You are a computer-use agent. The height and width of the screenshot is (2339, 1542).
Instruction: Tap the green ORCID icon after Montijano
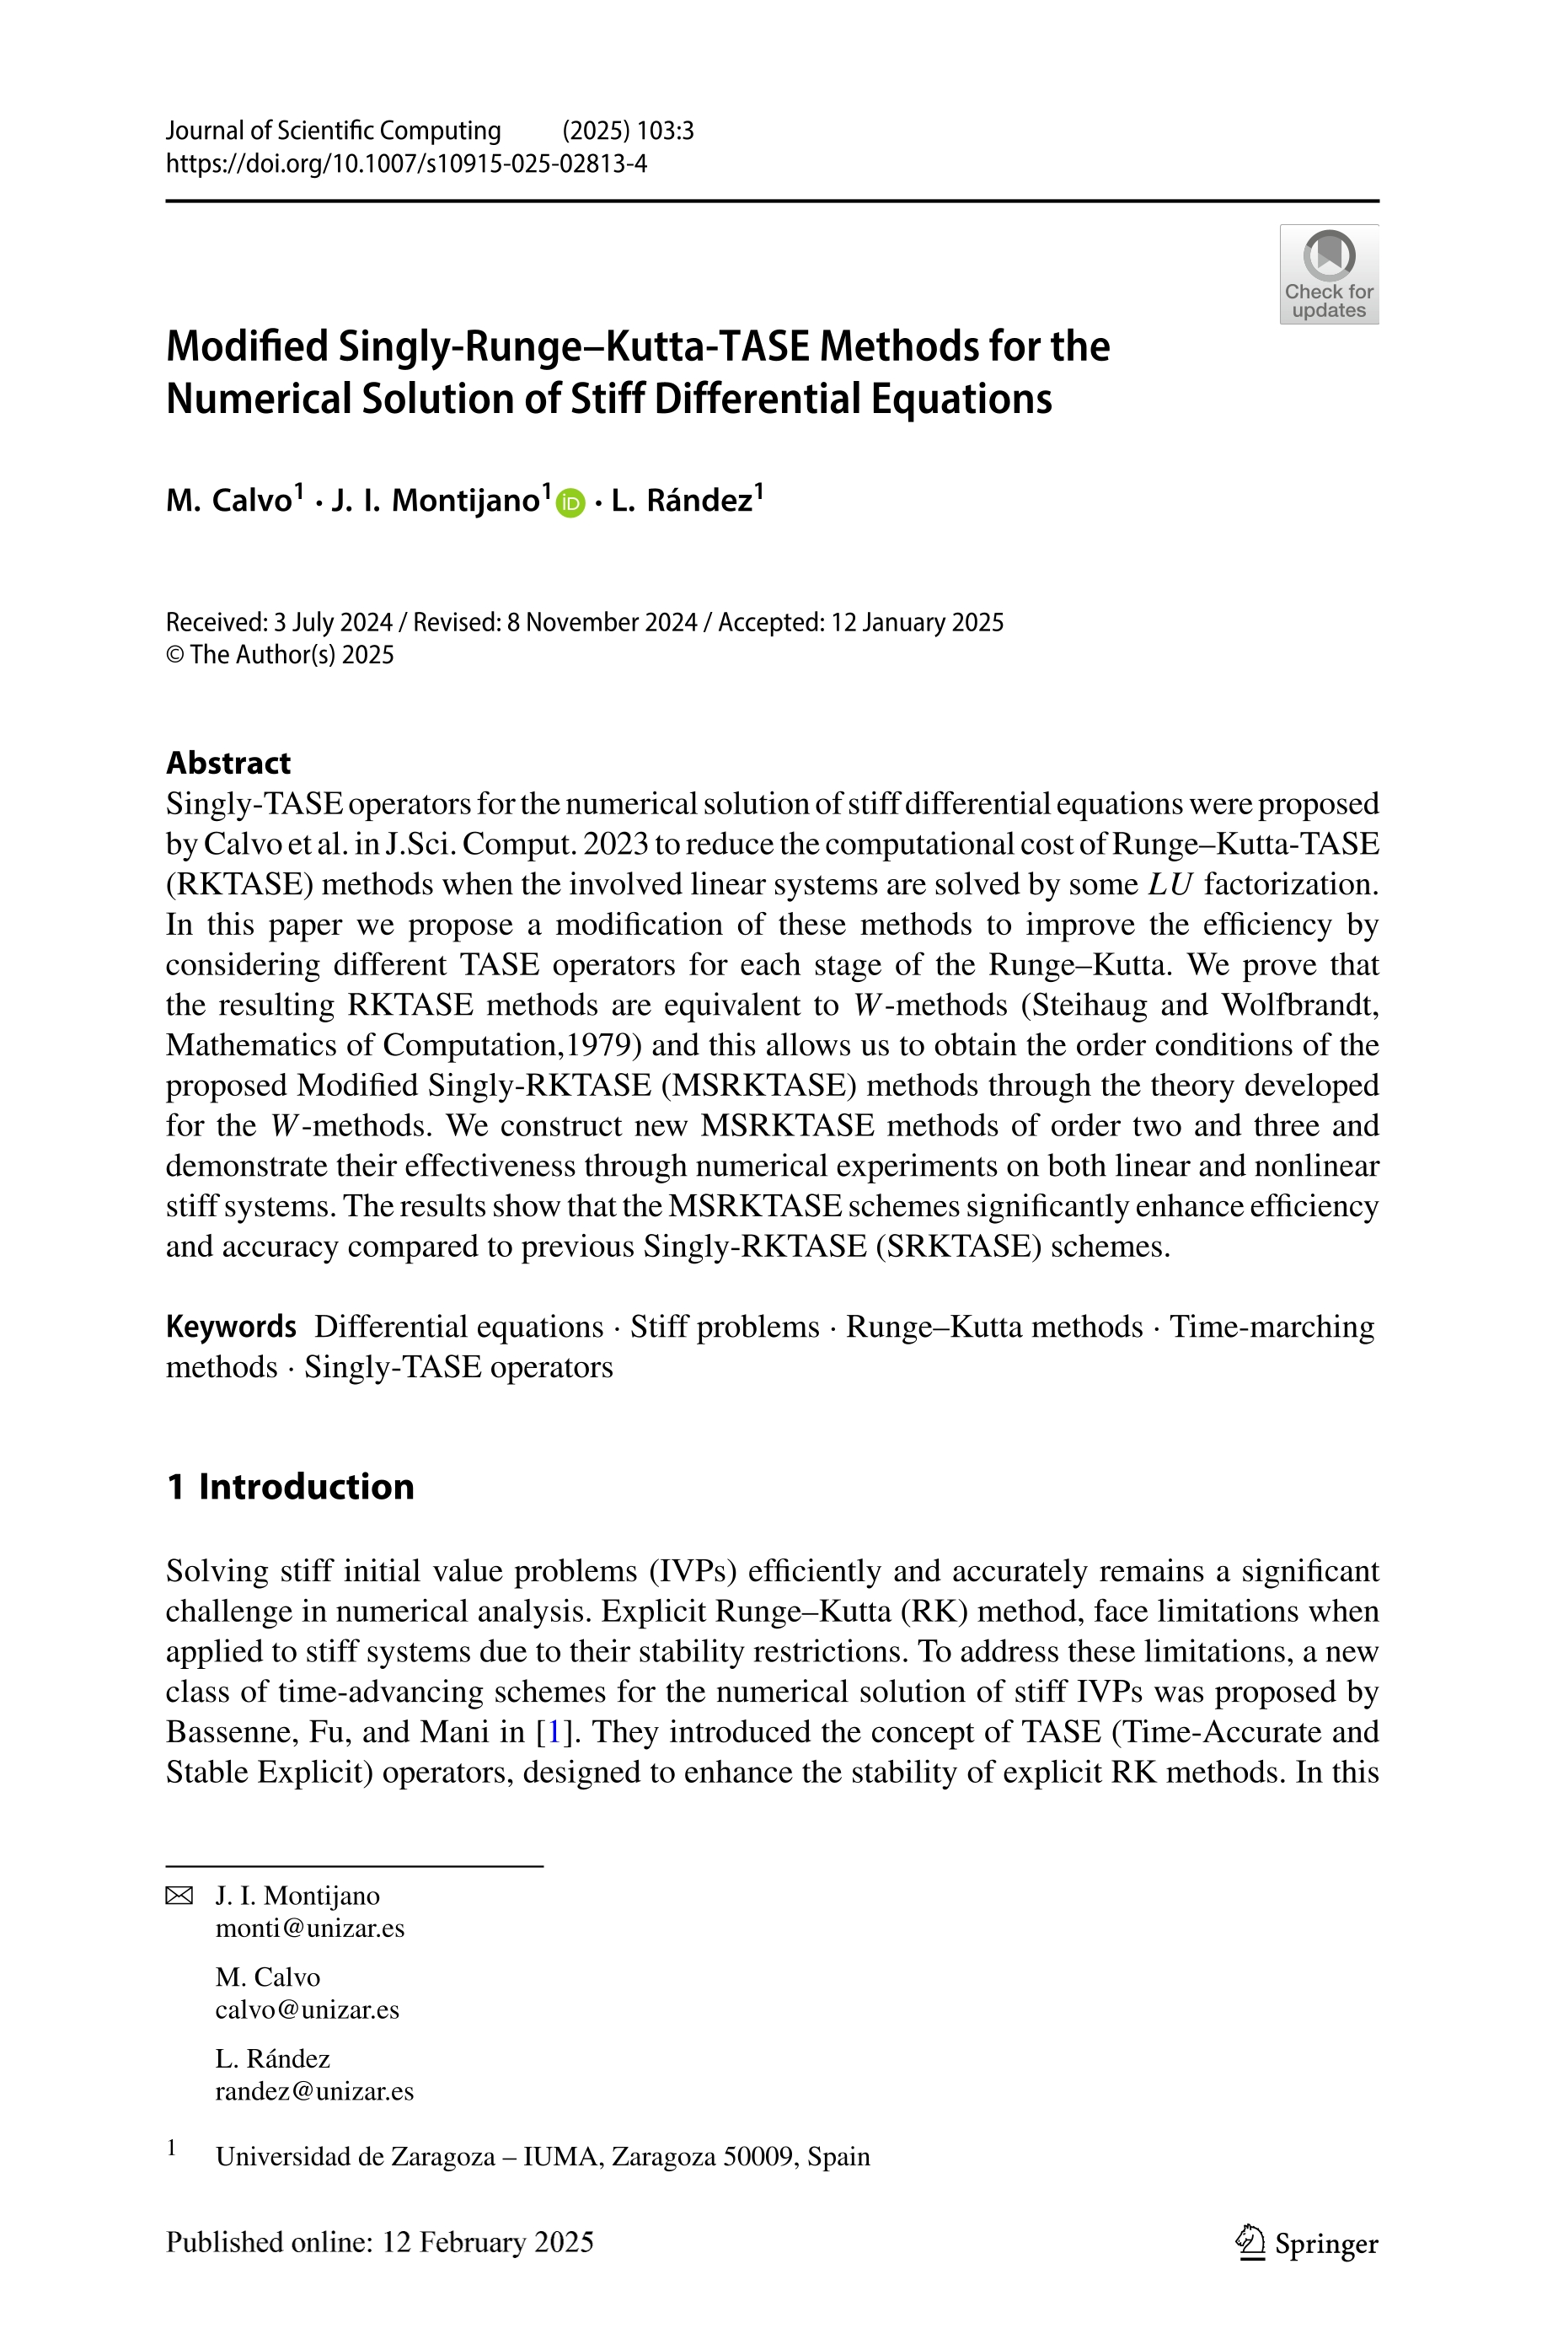(x=570, y=502)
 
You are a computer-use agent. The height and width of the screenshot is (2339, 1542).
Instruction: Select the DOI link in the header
(x=406, y=164)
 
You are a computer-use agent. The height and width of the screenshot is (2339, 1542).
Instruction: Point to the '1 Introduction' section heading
(x=290, y=1486)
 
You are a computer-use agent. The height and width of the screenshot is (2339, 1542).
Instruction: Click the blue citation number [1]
(x=553, y=1731)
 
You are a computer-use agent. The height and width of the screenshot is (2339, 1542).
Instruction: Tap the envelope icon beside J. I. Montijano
(x=179, y=1896)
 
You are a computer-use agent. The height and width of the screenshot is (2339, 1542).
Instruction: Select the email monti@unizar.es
(x=310, y=1928)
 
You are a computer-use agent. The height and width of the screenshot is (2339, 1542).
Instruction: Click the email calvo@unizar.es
(x=307, y=2009)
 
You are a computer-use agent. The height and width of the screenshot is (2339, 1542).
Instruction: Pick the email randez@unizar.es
(x=314, y=2091)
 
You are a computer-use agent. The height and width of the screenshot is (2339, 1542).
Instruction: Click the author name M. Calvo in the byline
(x=229, y=501)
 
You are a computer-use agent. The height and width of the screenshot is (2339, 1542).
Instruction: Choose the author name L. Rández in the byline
(x=682, y=501)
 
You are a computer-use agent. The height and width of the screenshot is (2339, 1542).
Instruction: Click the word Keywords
(x=231, y=1326)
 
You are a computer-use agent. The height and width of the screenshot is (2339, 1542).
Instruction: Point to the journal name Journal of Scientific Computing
(x=334, y=131)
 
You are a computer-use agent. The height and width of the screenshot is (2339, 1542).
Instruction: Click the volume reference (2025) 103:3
(x=628, y=131)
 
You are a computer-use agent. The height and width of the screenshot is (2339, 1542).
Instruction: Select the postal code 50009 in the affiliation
(x=761, y=2157)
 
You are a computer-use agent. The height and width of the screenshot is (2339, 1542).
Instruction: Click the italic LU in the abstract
(x=1170, y=884)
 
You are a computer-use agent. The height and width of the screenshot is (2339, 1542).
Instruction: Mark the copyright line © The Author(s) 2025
(x=281, y=655)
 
